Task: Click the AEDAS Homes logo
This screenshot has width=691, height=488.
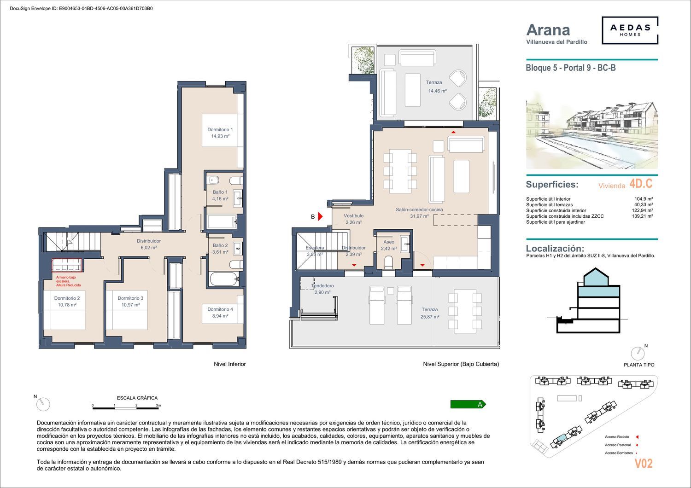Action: tap(630, 30)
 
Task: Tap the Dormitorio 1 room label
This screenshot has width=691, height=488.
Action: tap(220, 129)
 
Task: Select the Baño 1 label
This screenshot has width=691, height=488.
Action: tap(220, 192)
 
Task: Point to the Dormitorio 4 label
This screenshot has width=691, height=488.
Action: tap(220, 309)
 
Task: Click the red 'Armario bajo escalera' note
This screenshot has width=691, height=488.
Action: tap(68, 281)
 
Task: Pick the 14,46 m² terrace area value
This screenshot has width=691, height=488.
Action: tap(438, 91)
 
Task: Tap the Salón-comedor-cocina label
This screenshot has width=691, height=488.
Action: tap(419, 209)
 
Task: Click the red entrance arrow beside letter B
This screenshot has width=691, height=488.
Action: tap(320, 216)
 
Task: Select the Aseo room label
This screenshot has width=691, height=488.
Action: tap(389, 242)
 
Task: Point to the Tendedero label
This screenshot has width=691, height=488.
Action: tap(322, 286)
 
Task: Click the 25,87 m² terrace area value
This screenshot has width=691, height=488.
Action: tap(430, 317)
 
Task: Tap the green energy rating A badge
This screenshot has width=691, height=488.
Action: tap(468, 404)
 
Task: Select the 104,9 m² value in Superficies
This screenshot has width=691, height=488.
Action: tap(644, 199)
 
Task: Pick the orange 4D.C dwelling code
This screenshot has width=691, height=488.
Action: tap(641, 184)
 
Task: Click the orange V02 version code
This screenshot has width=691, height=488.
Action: tap(643, 463)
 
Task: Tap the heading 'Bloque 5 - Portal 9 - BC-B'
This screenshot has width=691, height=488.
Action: tap(571, 68)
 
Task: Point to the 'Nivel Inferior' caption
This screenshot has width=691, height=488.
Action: tap(230, 364)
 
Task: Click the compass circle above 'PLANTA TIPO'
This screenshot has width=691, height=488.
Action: tap(638, 354)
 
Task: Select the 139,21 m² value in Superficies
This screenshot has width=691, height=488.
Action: tap(642, 216)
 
